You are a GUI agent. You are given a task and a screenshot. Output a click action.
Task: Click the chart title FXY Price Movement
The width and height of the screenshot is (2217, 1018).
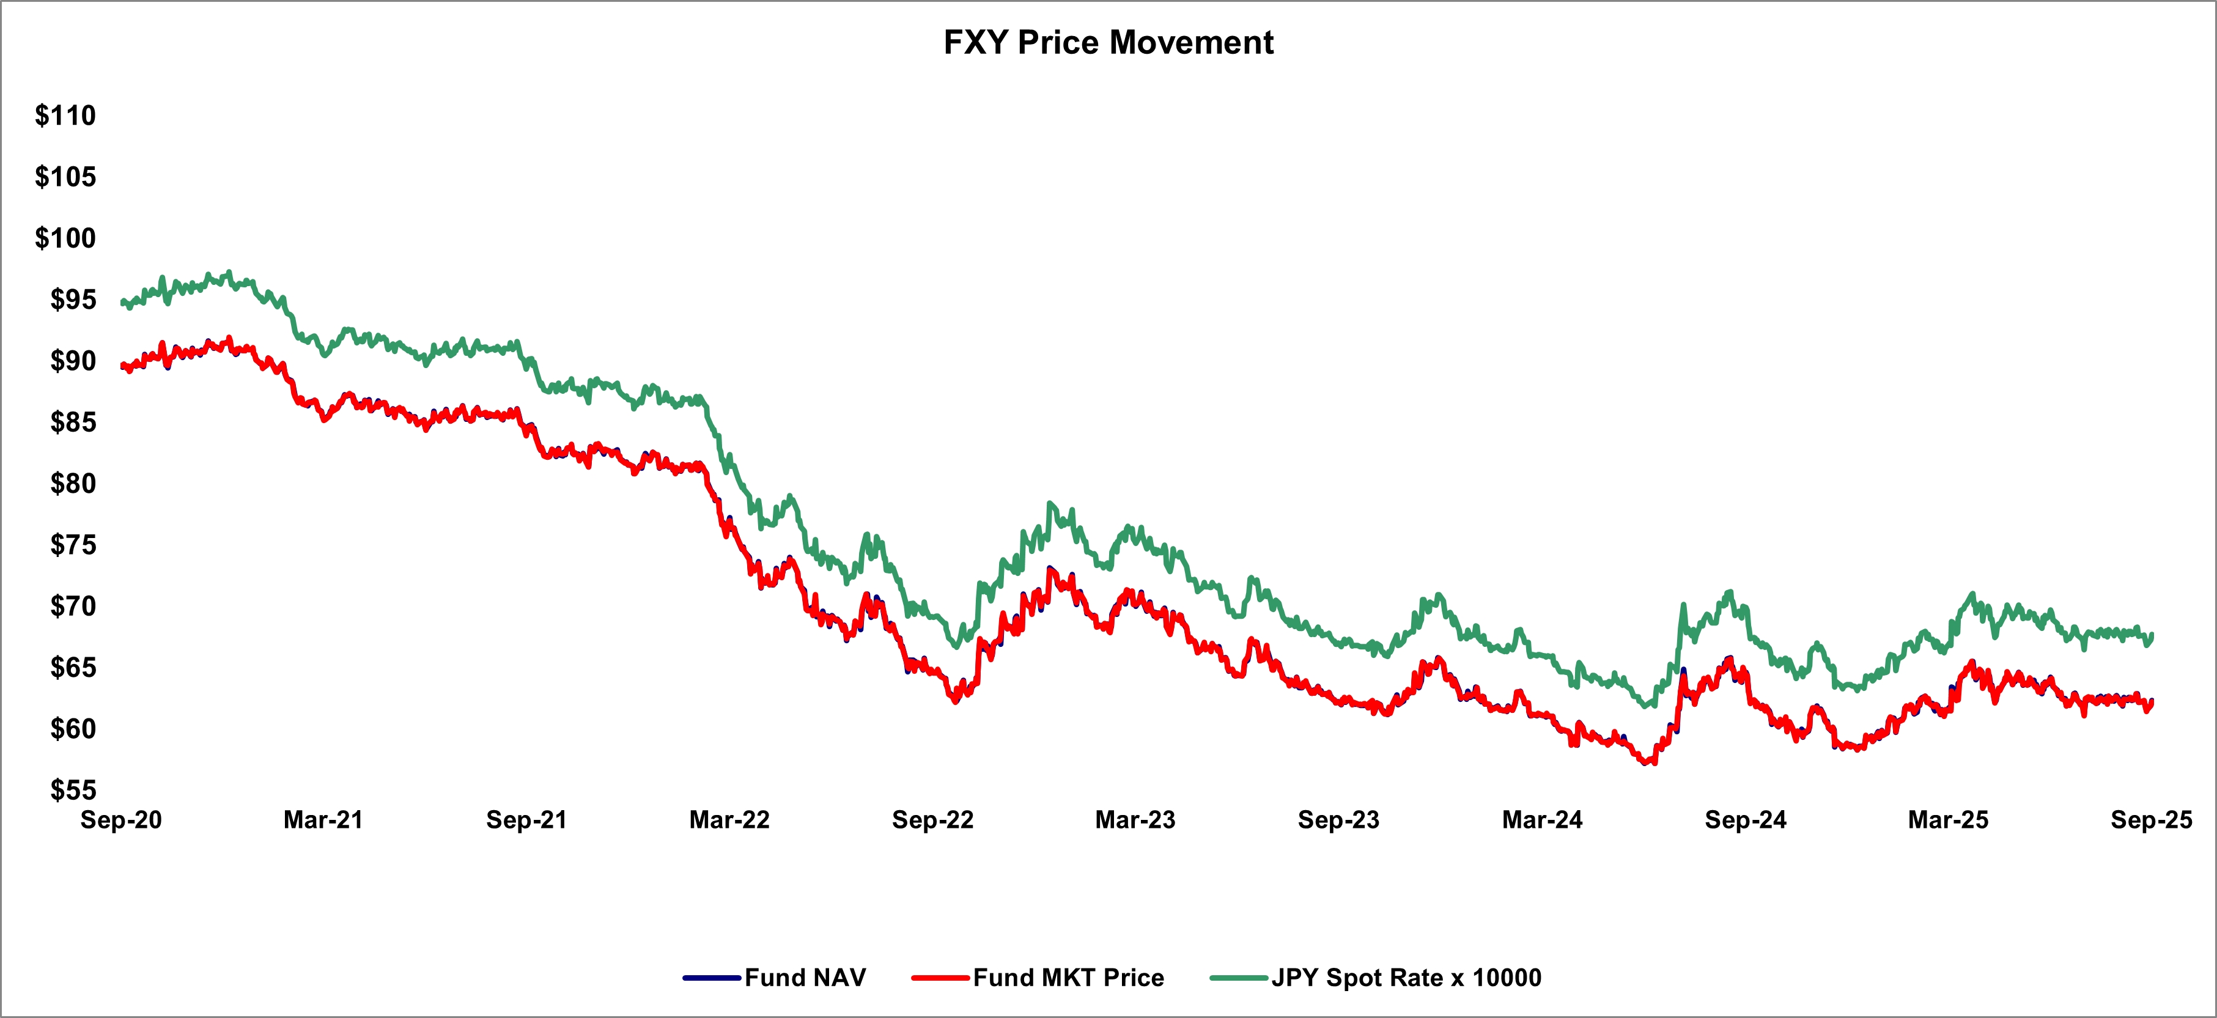[1108, 42]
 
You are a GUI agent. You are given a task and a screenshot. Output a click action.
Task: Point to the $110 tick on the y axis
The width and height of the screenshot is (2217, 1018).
[65, 116]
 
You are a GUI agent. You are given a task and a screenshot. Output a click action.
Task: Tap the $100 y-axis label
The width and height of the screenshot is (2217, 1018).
[65, 237]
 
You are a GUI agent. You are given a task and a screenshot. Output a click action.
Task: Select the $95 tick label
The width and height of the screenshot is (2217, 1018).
[73, 300]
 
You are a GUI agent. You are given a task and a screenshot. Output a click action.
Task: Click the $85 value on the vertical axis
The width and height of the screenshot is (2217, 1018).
[73, 422]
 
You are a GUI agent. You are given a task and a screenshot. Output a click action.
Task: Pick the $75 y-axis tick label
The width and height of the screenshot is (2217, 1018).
[73, 545]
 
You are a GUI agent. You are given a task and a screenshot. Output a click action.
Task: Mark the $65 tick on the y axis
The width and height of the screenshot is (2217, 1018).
[73, 667]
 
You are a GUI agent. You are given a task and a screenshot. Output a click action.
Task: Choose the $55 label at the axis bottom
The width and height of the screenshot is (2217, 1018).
[73, 790]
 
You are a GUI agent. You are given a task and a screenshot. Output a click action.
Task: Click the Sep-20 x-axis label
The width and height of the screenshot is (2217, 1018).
[121, 820]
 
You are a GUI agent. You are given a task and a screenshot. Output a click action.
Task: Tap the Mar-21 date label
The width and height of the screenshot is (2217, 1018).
[323, 820]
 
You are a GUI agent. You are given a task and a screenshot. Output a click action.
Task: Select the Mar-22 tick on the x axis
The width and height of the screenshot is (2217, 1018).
[730, 820]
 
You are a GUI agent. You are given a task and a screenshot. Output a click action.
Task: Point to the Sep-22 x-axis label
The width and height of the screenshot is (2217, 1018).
[933, 820]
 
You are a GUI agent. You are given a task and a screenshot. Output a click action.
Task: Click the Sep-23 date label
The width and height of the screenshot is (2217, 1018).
[1339, 820]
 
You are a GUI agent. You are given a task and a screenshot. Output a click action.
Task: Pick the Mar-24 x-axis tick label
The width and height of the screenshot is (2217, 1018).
[1542, 820]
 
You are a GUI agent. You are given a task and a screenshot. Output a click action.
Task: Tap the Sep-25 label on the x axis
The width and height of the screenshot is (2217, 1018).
[2152, 820]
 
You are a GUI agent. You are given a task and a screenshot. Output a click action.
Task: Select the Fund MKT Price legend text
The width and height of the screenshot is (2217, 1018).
[1069, 978]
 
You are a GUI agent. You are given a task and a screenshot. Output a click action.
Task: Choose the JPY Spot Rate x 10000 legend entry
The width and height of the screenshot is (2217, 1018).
[1406, 978]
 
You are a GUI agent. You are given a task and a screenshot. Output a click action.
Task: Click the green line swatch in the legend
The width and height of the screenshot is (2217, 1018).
[1239, 978]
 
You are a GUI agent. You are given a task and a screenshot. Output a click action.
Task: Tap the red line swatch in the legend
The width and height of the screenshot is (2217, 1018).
[942, 978]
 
